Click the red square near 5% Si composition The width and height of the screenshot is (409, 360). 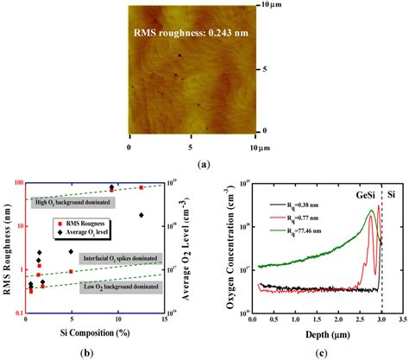[71, 270]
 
